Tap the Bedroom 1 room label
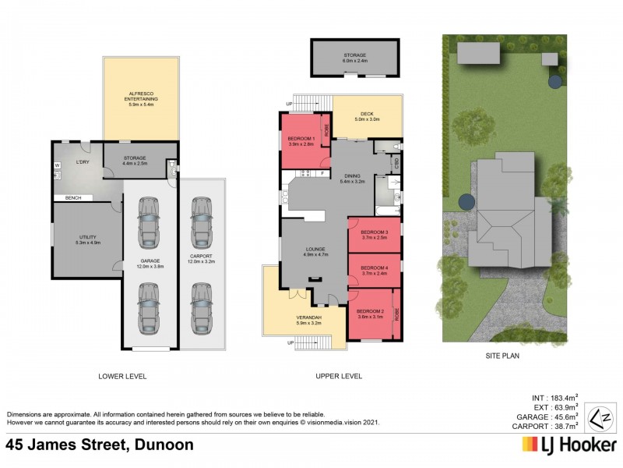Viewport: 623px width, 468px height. coord(301,141)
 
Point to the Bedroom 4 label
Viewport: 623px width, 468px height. coord(375,271)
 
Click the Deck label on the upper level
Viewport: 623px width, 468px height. coord(367,117)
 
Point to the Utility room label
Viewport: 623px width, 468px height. coord(87,239)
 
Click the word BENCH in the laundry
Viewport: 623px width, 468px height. coord(74,197)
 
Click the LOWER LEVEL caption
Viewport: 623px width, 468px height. coord(122,376)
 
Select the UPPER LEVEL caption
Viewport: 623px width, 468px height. coord(339,376)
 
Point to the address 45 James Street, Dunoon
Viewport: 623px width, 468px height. coord(100,445)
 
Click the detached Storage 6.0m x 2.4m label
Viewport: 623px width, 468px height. coord(356,58)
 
